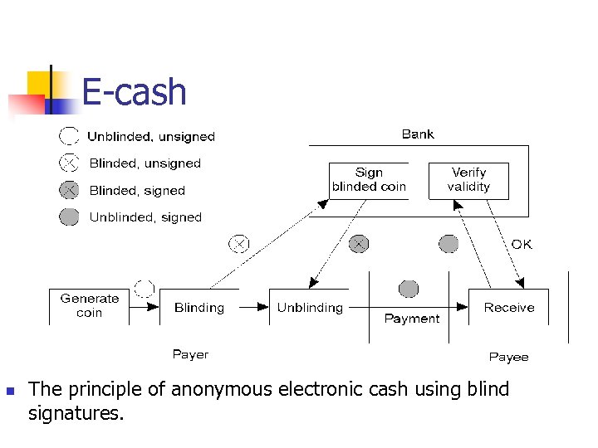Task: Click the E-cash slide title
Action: (135, 91)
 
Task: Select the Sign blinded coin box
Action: (369, 180)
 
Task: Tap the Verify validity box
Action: (468, 180)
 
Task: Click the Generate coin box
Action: (89, 306)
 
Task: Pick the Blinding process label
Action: (199, 308)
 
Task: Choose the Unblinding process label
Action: (310, 308)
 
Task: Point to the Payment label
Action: (412, 319)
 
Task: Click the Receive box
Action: (509, 308)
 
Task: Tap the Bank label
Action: (418, 134)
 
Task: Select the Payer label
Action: (190, 354)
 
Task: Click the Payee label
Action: (508, 357)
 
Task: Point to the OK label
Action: (522, 244)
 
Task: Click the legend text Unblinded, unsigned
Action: (151, 137)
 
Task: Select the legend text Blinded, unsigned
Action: (145, 163)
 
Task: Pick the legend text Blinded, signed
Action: (137, 190)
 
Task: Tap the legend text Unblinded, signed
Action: (145, 217)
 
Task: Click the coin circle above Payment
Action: (409, 289)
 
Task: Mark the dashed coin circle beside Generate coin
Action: (145, 289)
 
